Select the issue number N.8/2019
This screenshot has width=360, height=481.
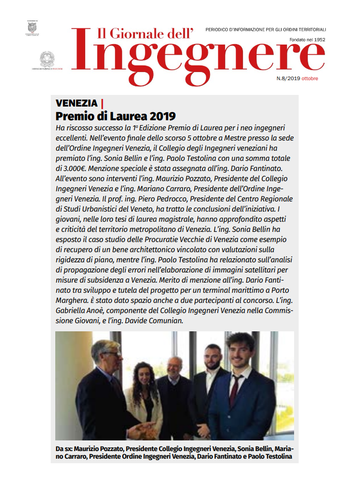289,79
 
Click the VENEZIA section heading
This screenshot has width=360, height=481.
77,104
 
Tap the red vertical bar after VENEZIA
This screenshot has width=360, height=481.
102,104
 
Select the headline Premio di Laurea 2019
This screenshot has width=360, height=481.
116,116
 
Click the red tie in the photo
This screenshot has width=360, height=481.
234,396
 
